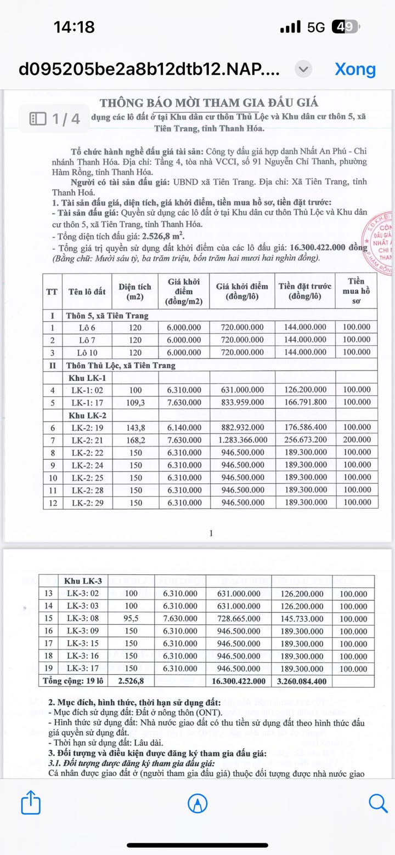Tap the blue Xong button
click(x=355, y=69)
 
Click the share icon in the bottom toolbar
click(x=31, y=803)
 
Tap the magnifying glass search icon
click(x=378, y=803)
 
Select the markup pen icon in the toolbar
click(x=198, y=803)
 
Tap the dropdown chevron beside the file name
click(x=303, y=69)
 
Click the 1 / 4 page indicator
click(x=55, y=118)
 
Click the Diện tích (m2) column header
click(x=134, y=292)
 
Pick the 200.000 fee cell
click(x=357, y=440)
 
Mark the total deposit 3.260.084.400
click(x=302, y=681)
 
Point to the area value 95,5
click(x=132, y=619)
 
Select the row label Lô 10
click(x=86, y=352)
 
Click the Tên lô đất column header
click(x=87, y=292)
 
